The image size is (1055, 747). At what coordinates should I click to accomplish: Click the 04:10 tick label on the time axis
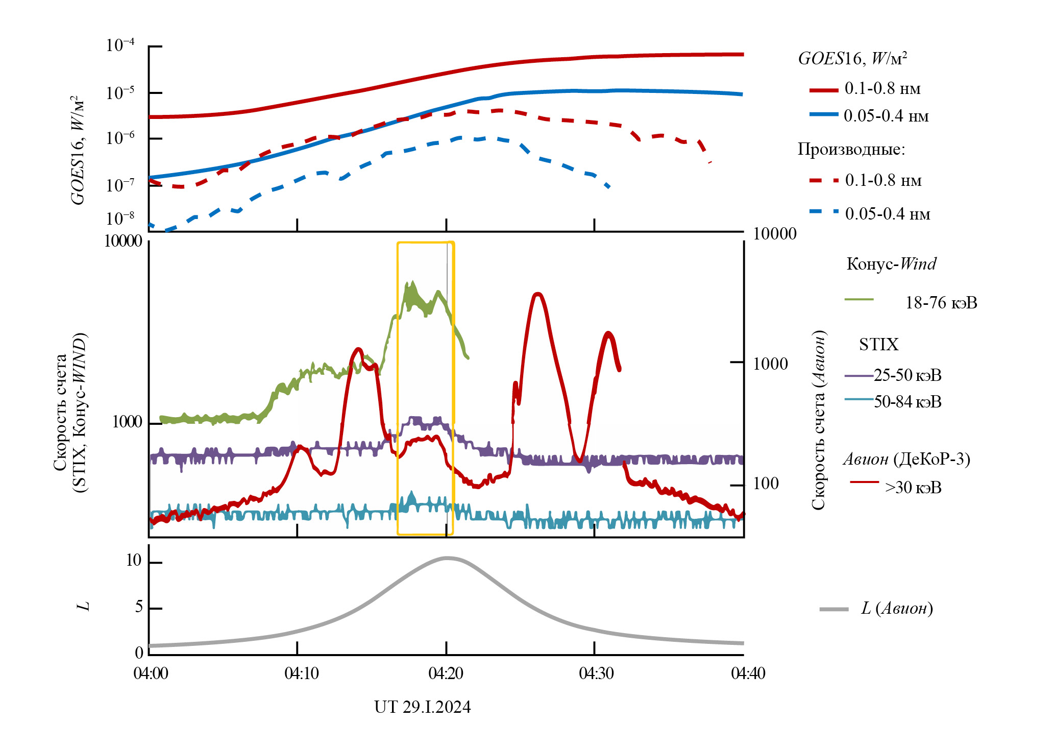tap(301, 673)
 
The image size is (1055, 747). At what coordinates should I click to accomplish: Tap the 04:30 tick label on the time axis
tap(596, 673)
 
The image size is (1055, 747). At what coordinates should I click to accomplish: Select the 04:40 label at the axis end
tap(748, 673)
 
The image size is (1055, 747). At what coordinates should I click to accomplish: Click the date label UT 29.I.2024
tap(422, 707)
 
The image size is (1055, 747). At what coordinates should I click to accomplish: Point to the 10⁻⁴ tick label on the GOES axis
tap(120, 45)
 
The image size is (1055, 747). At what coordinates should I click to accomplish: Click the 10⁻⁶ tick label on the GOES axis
tap(120, 138)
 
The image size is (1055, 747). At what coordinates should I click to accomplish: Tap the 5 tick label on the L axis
tap(139, 607)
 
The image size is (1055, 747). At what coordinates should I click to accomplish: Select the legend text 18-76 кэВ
tap(941, 303)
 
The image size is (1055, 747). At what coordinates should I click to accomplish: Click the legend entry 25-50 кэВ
tap(907, 375)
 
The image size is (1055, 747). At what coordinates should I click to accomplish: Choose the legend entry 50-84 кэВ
tap(907, 402)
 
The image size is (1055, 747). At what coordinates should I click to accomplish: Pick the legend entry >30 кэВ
tap(913, 488)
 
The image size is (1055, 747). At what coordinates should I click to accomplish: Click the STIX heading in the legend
tap(878, 345)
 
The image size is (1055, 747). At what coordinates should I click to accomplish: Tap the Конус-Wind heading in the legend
tap(891, 264)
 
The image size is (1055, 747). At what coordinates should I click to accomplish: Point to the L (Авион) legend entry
tap(896, 608)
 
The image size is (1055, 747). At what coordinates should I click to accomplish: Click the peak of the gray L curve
tap(447, 558)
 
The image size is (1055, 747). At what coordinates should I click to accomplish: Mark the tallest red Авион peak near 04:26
tap(537, 294)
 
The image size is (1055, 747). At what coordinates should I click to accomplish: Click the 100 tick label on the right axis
tap(766, 484)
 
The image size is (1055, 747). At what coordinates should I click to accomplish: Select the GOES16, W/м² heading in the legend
tap(852, 59)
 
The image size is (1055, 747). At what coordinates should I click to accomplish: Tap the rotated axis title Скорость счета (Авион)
tap(818, 420)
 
